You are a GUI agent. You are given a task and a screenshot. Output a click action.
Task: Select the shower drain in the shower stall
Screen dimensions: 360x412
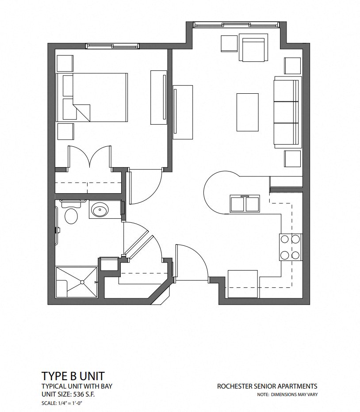[x=82, y=282]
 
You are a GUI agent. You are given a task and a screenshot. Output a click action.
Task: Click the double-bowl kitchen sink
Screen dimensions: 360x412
[x=245, y=204]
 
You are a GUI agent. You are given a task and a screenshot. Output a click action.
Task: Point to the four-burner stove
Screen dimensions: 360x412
[x=290, y=247]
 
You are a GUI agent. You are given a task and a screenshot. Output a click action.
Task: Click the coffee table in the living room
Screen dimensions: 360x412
[x=248, y=112]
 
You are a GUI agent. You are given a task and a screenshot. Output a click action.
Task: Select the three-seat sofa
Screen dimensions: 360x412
[x=287, y=112]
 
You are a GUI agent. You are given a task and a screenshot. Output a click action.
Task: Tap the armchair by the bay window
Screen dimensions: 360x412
[x=253, y=48]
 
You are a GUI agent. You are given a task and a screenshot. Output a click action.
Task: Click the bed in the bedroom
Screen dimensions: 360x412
[x=92, y=98]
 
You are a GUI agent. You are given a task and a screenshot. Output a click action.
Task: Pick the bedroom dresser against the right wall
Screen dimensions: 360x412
[x=159, y=97]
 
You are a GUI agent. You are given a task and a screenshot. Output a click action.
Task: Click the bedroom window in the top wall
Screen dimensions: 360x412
[x=112, y=46]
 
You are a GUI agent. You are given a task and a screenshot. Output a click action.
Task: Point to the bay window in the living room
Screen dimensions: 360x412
[x=236, y=25]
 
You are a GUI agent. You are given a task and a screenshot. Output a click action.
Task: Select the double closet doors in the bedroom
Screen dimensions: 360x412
[x=90, y=157]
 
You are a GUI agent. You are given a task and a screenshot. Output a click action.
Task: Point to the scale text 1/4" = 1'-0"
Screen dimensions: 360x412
[x=69, y=403]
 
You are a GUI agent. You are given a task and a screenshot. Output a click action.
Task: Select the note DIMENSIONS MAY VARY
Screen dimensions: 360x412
[x=294, y=394]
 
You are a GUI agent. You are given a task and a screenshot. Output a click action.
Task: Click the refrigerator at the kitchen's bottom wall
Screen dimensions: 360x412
[x=242, y=284]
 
